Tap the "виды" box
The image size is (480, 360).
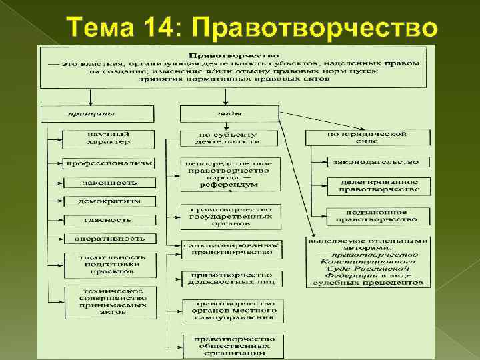click(x=229, y=114)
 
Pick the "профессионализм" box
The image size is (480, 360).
click(x=108, y=163)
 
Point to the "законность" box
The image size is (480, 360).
click(x=109, y=182)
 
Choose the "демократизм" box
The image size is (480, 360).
click(x=109, y=201)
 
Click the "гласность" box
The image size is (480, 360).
click(x=109, y=219)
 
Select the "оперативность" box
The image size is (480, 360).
click(x=109, y=238)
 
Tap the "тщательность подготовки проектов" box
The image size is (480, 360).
click(x=109, y=265)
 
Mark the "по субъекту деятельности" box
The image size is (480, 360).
click(x=227, y=139)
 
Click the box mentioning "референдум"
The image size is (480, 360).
click(x=230, y=174)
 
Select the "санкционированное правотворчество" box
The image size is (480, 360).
click(x=232, y=249)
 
